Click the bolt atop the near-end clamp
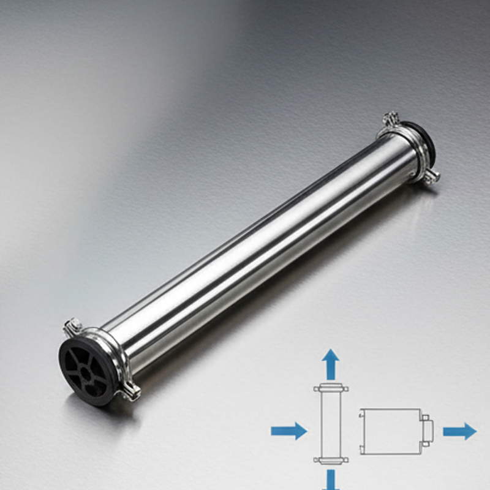[x=74, y=323]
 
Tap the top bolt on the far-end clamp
[x=390, y=119]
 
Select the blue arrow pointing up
[x=331, y=364]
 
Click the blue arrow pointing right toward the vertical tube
[x=288, y=431]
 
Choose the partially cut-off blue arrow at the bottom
[x=331, y=480]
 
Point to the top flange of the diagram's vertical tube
[x=331, y=388]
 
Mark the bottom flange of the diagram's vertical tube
[x=331, y=459]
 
